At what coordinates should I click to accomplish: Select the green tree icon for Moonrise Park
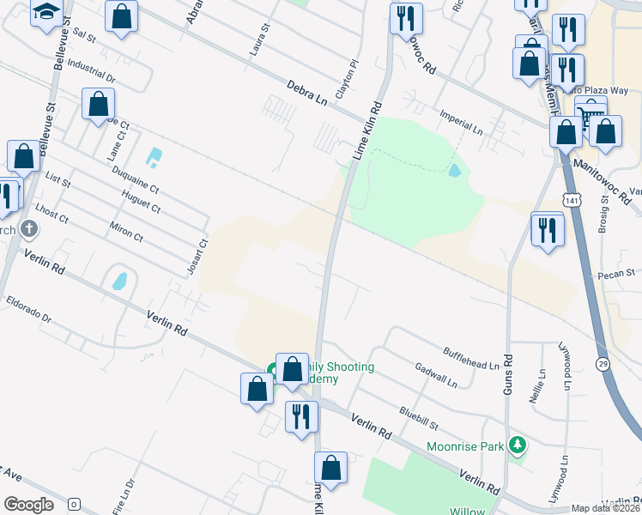tap(517, 445)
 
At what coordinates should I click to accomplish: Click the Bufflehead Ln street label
tap(470, 359)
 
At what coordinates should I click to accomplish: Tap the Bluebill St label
tap(418, 418)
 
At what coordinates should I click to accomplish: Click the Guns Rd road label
tap(507, 375)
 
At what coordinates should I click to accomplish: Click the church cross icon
tap(29, 229)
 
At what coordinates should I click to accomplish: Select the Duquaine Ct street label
tap(136, 178)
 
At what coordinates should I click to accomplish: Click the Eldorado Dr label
tap(29, 310)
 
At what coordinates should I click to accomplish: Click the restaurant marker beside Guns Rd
tap(547, 229)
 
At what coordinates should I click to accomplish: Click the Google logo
tap(29, 504)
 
